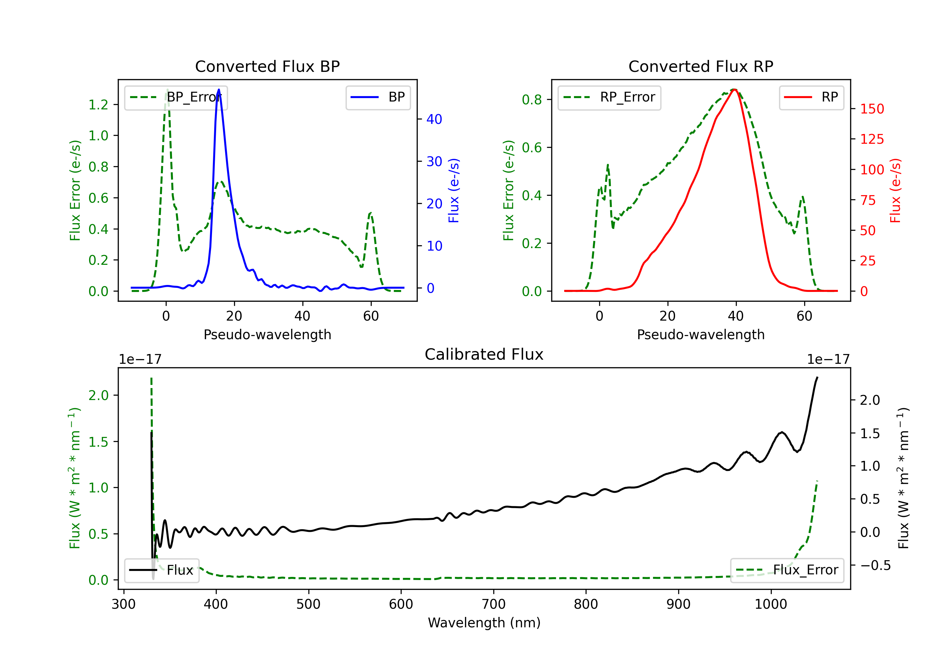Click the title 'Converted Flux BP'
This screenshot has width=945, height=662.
pos(267,66)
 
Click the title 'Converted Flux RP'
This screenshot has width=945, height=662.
pos(701,66)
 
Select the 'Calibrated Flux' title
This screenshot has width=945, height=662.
pos(484,354)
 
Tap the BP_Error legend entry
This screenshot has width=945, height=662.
pos(176,97)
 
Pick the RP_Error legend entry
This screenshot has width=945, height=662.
pos(609,97)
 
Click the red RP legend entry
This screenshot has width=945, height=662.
pos(811,97)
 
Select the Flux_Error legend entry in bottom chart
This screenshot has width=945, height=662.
pos(787,570)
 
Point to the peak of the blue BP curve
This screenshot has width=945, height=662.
pos(219,90)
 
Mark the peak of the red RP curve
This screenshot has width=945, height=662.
pos(734,90)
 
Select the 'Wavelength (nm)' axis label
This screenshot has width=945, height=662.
pos(484,623)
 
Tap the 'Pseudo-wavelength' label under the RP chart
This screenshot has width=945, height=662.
pos(701,334)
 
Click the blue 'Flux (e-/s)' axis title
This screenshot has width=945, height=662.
pos(454,191)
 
